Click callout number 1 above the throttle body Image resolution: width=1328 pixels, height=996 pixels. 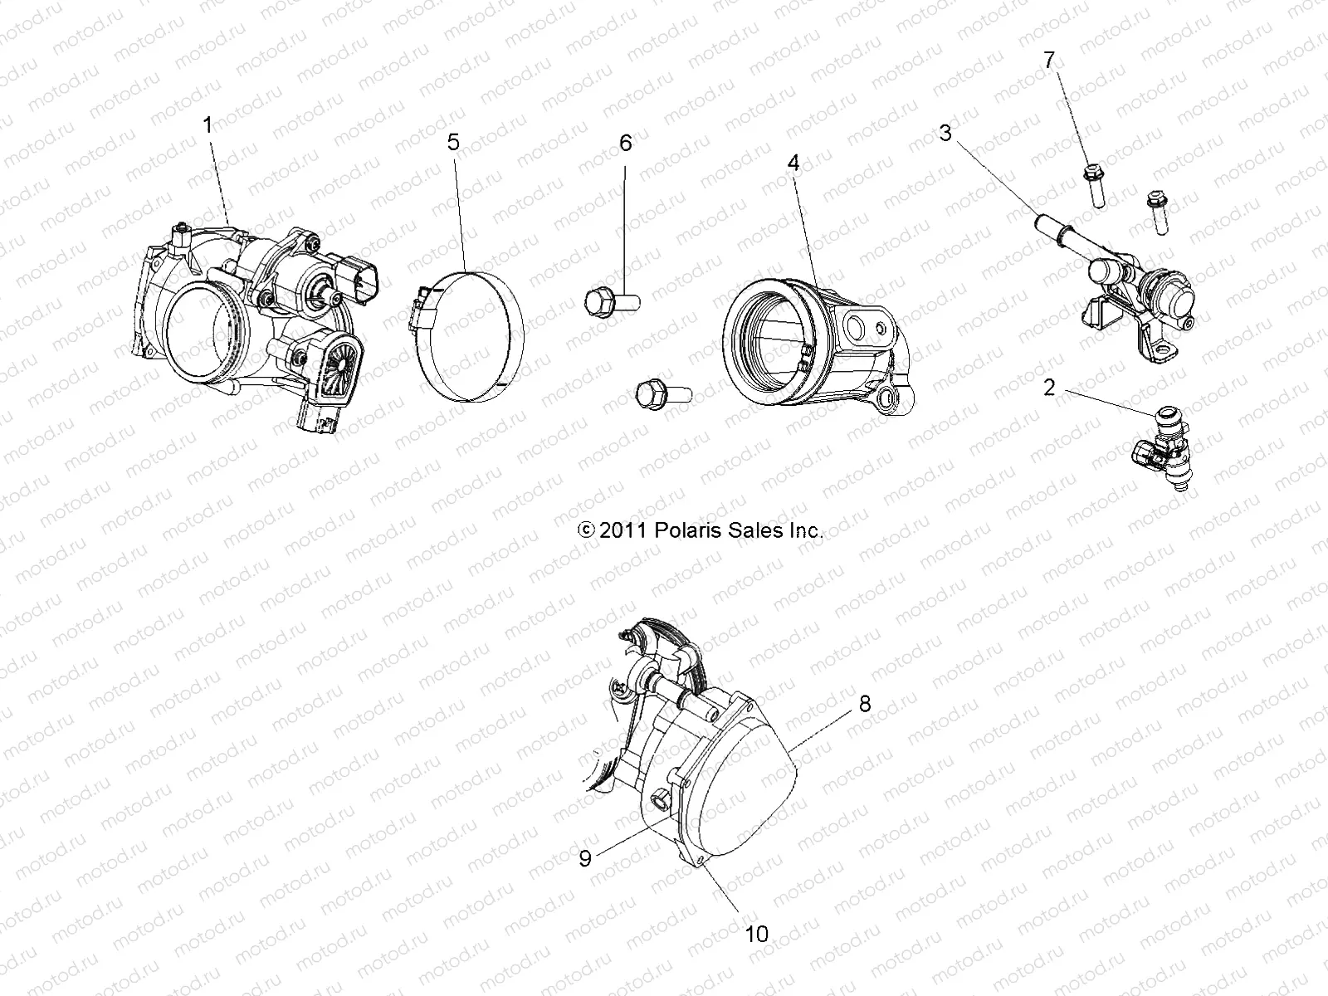pyautogui.click(x=207, y=125)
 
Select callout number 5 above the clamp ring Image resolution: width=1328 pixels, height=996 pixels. pyautogui.click(x=453, y=142)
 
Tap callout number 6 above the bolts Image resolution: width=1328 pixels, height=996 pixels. pyautogui.click(x=626, y=143)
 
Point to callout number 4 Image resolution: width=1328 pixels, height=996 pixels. pyautogui.click(x=793, y=164)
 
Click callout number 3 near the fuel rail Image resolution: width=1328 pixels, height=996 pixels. pyautogui.click(x=945, y=132)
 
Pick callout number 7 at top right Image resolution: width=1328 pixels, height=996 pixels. pyautogui.click(x=1049, y=60)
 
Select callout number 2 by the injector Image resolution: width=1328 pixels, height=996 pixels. pyautogui.click(x=1049, y=387)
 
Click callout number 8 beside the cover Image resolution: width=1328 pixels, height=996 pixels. pyautogui.click(x=865, y=704)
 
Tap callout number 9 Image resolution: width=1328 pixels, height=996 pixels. pyautogui.click(x=585, y=858)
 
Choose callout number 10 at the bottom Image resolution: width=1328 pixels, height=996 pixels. pyautogui.click(x=756, y=934)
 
